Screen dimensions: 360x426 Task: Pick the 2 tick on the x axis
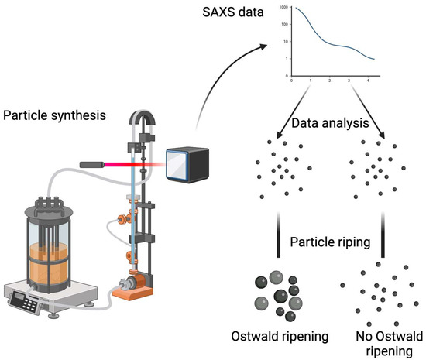[x=329, y=81]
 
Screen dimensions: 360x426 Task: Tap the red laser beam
[x=136, y=165]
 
